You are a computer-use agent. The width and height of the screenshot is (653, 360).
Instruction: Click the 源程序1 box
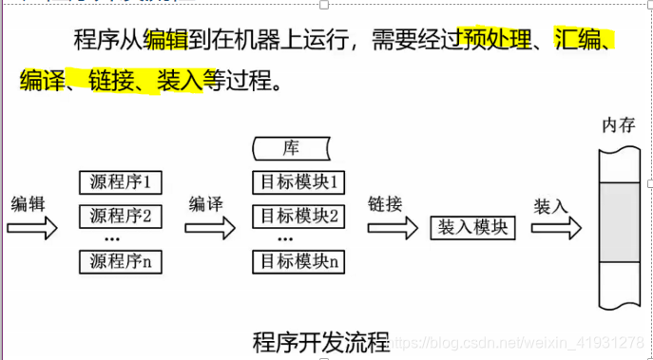(x=121, y=180)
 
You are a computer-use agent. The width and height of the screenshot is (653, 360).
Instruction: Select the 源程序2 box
(x=121, y=216)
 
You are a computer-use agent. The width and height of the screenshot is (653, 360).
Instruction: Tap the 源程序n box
(x=121, y=260)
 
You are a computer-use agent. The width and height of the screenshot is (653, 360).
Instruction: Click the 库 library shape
(x=292, y=148)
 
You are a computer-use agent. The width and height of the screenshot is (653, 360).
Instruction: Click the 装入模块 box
(x=472, y=228)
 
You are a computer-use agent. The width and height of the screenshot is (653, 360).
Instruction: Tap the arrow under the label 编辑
(x=31, y=228)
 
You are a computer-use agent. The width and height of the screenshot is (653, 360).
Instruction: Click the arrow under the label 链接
(x=391, y=228)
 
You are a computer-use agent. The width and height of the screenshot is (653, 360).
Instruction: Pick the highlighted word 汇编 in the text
(x=579, y=40)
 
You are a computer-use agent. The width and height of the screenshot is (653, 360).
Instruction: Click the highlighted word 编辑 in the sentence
(x=165, y=40)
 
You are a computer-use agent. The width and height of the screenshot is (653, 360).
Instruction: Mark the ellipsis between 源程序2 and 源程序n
(x=110, y=238)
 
